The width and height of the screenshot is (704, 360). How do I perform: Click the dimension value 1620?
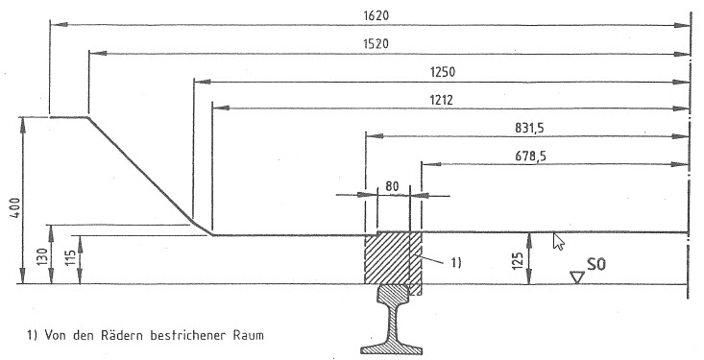click(x=376, y=15)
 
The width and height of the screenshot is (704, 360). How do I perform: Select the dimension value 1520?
click(x=376, y=44)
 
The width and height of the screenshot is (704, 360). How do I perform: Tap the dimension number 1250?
click(x=442, y=72)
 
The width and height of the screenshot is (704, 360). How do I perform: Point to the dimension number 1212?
click(x=441, y=100)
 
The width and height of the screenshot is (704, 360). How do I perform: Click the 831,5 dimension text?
click(x=529, y=129)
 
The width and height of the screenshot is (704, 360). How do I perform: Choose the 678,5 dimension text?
click(x=531, y=156)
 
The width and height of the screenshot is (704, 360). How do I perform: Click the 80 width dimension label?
click(x=392, y=186)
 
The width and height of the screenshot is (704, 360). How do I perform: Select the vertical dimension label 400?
click(x=14, y=207)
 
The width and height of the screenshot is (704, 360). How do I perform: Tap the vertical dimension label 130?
click(x=42, y=256)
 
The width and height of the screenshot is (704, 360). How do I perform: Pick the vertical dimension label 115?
click(x=70, y=257)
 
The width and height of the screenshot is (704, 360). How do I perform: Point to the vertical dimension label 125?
click(x=518, y=261)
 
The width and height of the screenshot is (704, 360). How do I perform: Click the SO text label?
click(x=595, y=264)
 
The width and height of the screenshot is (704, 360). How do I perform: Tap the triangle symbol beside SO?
click(x=576, y=277)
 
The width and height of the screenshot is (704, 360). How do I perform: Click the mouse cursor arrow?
click(x=558, y=241)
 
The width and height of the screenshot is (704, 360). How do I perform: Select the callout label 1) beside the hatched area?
click(x=455, y=263)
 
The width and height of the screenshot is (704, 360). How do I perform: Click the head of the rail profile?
click(x=394, y=295)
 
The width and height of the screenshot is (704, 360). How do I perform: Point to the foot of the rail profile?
click(x=392, y=348)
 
